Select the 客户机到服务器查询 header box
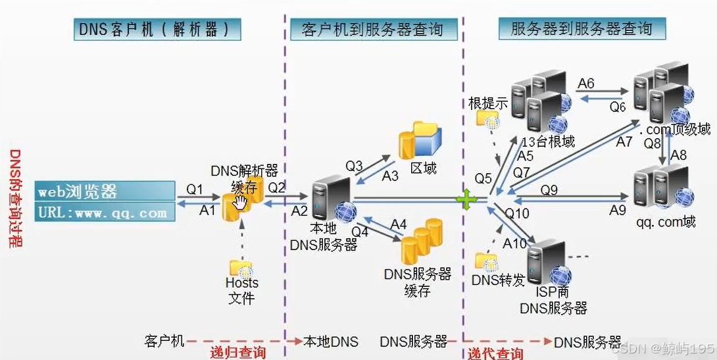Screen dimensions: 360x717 tap(372, 30)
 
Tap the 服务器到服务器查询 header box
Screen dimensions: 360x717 tap(581, 29)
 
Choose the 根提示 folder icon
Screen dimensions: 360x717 tap(488, 118)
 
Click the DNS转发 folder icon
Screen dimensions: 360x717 tap(488, 262)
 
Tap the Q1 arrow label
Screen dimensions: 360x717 tap(195, 190)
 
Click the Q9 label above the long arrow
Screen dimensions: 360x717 tap(549, 190)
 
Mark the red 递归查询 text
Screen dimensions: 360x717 tap(238, 353)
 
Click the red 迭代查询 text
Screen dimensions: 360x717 tap(496, 353)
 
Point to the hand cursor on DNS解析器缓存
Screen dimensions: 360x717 tap(240, 201)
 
